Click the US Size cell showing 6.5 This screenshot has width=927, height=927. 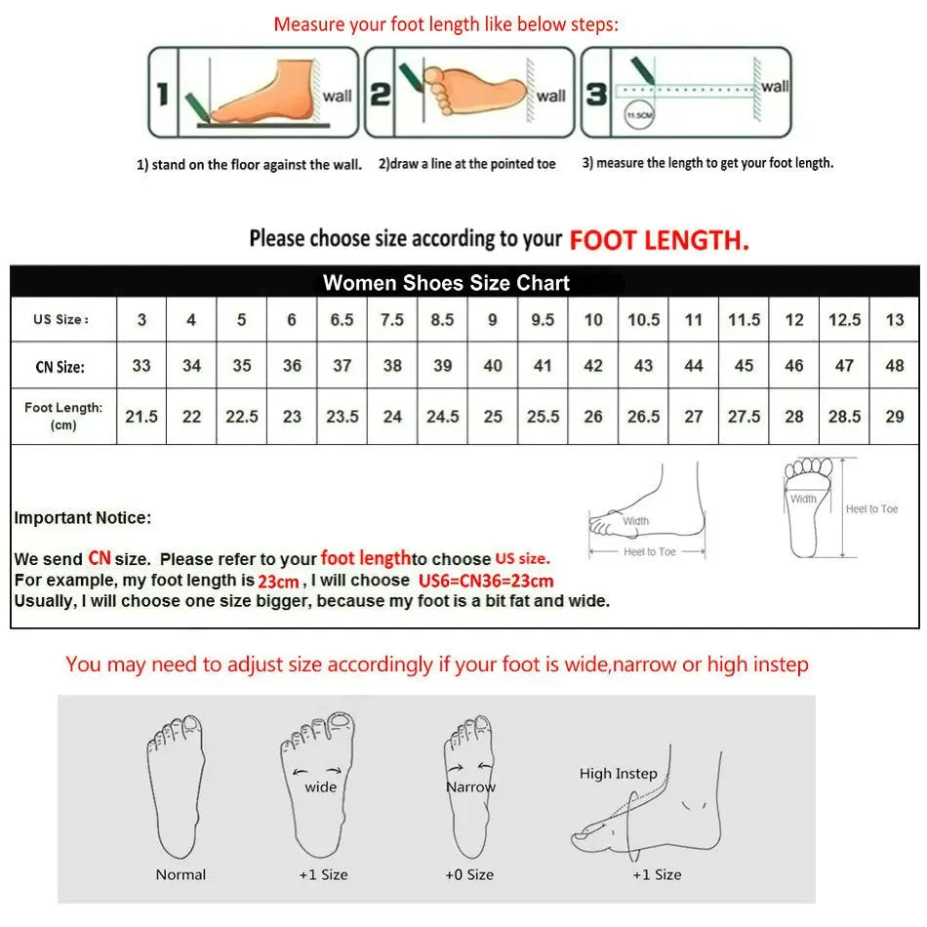tap(342, 320)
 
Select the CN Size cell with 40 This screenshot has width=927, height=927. tap(493, 366)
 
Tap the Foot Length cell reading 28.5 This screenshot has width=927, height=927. tap(844, 417)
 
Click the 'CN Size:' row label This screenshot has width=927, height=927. tap(59, 367)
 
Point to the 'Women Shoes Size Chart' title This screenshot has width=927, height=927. tap(446, 283)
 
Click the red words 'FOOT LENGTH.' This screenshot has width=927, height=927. tap(660, 240)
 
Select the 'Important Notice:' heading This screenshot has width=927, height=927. tap(83, 518)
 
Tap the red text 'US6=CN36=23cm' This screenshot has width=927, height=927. tap(486, 581)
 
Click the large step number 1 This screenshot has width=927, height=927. tap(163, 94)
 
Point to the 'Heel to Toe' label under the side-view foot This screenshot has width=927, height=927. tap(649, 552)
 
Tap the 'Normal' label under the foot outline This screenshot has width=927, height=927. tap(181, 874)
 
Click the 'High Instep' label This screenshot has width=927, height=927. tap(618, 774)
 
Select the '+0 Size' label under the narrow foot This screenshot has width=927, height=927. tap(469, 874)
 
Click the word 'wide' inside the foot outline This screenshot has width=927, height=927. tap(321, 786)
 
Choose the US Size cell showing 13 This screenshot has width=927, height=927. tap(894, 320)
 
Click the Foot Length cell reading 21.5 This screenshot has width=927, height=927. tap(141, 417)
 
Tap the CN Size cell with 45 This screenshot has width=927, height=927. tap(744, 366)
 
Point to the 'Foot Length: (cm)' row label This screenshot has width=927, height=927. tap(63, 416)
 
